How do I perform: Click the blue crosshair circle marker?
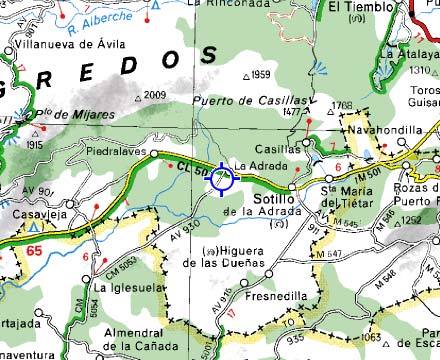[221, 178]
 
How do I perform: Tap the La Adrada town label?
[253, 165]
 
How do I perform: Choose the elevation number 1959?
[261, 75]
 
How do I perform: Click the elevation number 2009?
[154, 95]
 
